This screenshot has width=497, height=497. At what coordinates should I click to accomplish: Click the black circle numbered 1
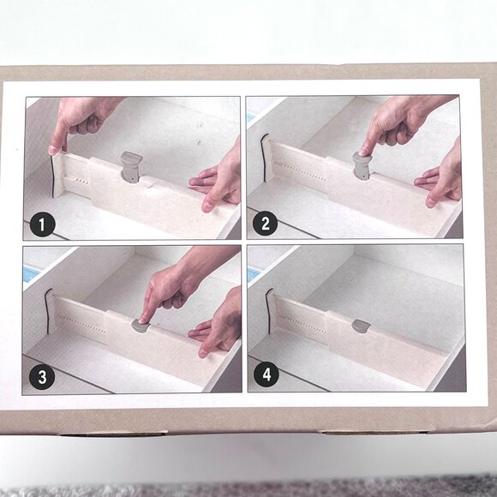coord(41,225)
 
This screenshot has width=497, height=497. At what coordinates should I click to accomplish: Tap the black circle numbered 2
coord(265,225)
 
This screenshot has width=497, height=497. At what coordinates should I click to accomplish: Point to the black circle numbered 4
coord(265,375)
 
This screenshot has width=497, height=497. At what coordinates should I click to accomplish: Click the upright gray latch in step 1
coord(131,165)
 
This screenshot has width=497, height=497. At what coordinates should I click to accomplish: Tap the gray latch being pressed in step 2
coord(361,166)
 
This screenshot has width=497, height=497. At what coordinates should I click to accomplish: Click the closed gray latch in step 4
coord(361,326)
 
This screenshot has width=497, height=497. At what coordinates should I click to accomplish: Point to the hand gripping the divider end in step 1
coord(77,120)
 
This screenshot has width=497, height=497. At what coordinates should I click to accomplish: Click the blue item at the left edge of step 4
coord(254,273)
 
